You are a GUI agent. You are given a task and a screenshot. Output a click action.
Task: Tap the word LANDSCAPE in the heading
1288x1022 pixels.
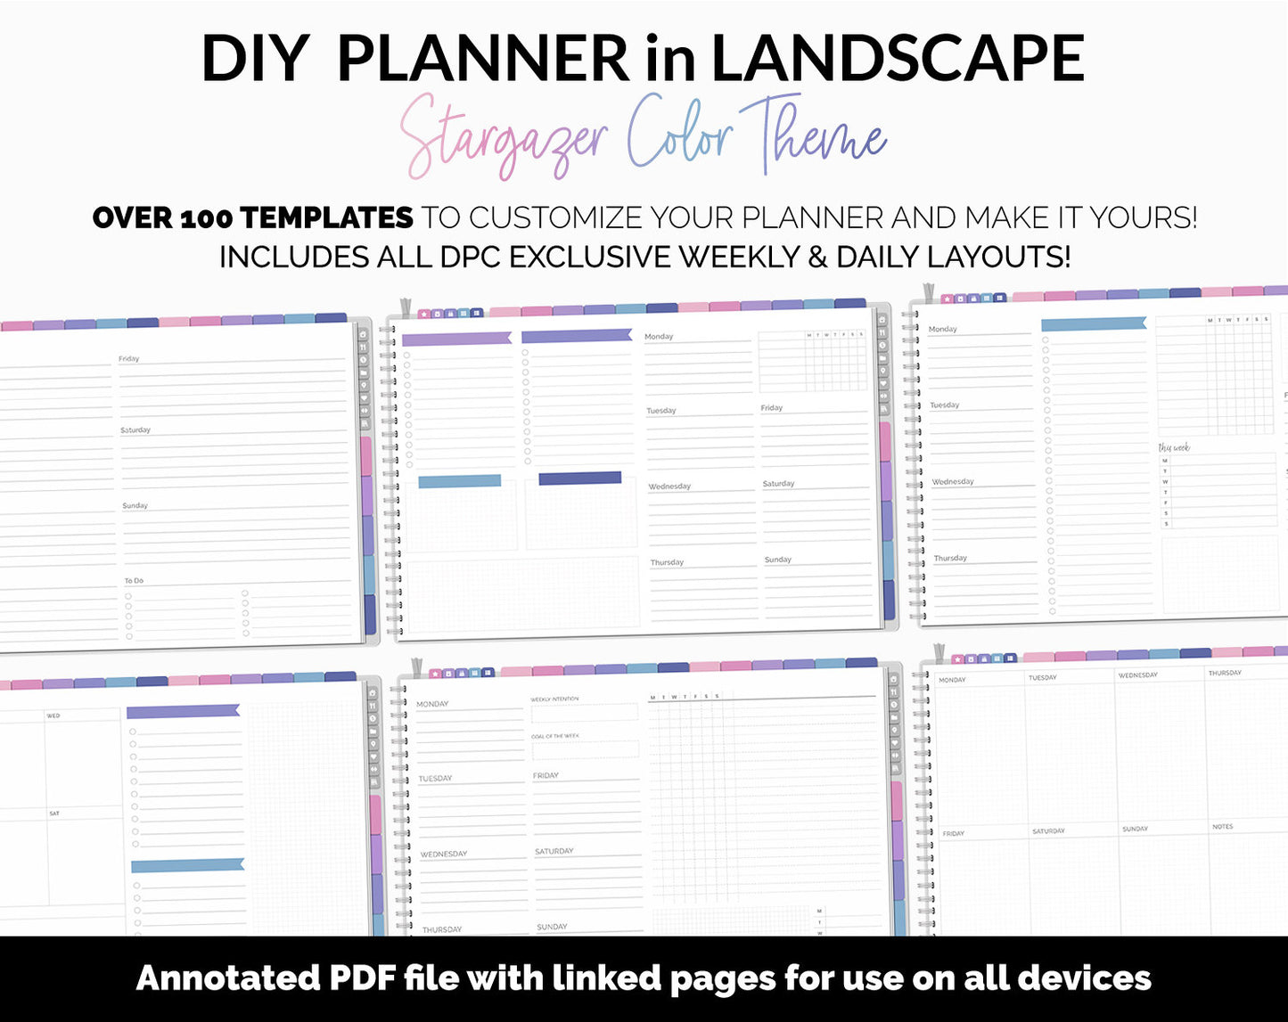click(x=897, y=59)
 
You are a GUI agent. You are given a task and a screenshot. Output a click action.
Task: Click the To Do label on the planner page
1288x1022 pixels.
click(x=134, y=581)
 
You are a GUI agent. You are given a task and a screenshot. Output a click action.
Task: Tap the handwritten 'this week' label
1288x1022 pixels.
click(x=1174, y=447)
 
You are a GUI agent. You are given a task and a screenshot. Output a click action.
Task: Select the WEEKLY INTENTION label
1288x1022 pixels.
click(x=554, y=699)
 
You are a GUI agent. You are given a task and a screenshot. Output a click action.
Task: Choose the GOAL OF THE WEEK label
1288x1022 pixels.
click(x=555, y=736)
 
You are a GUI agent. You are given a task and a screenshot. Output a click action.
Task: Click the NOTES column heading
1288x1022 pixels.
click(x=1222, y=827)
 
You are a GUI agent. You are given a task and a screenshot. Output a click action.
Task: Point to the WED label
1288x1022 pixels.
click(x=53, y=715)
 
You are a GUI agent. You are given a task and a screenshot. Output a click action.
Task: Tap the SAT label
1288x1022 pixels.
click(x=54, y=814)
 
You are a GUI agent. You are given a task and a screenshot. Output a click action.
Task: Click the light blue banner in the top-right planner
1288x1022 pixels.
click(x=1094, y=324)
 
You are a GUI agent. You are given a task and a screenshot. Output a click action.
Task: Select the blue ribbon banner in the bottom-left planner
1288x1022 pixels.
click(x=187, y=865)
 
